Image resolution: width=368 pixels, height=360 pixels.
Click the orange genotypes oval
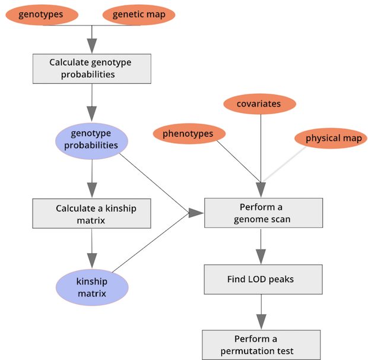(41, 14)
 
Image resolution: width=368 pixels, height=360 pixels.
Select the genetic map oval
(139, 14)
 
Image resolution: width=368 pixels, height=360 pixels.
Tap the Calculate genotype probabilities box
(91, 68)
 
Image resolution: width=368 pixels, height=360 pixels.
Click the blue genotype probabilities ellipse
(91, 140)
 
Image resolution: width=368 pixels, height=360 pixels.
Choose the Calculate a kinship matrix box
(91, 214)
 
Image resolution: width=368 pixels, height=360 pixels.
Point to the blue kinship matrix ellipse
(91, 288)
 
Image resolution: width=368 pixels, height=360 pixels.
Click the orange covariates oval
(259, 105)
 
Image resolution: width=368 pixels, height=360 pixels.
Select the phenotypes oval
(188, 134)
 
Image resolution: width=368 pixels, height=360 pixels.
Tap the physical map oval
(331, 138)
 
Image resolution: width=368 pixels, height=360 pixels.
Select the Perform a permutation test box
(261, 345)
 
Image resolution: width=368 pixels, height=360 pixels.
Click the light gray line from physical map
(285, 164)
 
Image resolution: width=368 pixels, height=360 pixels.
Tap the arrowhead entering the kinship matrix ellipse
(91, 260)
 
